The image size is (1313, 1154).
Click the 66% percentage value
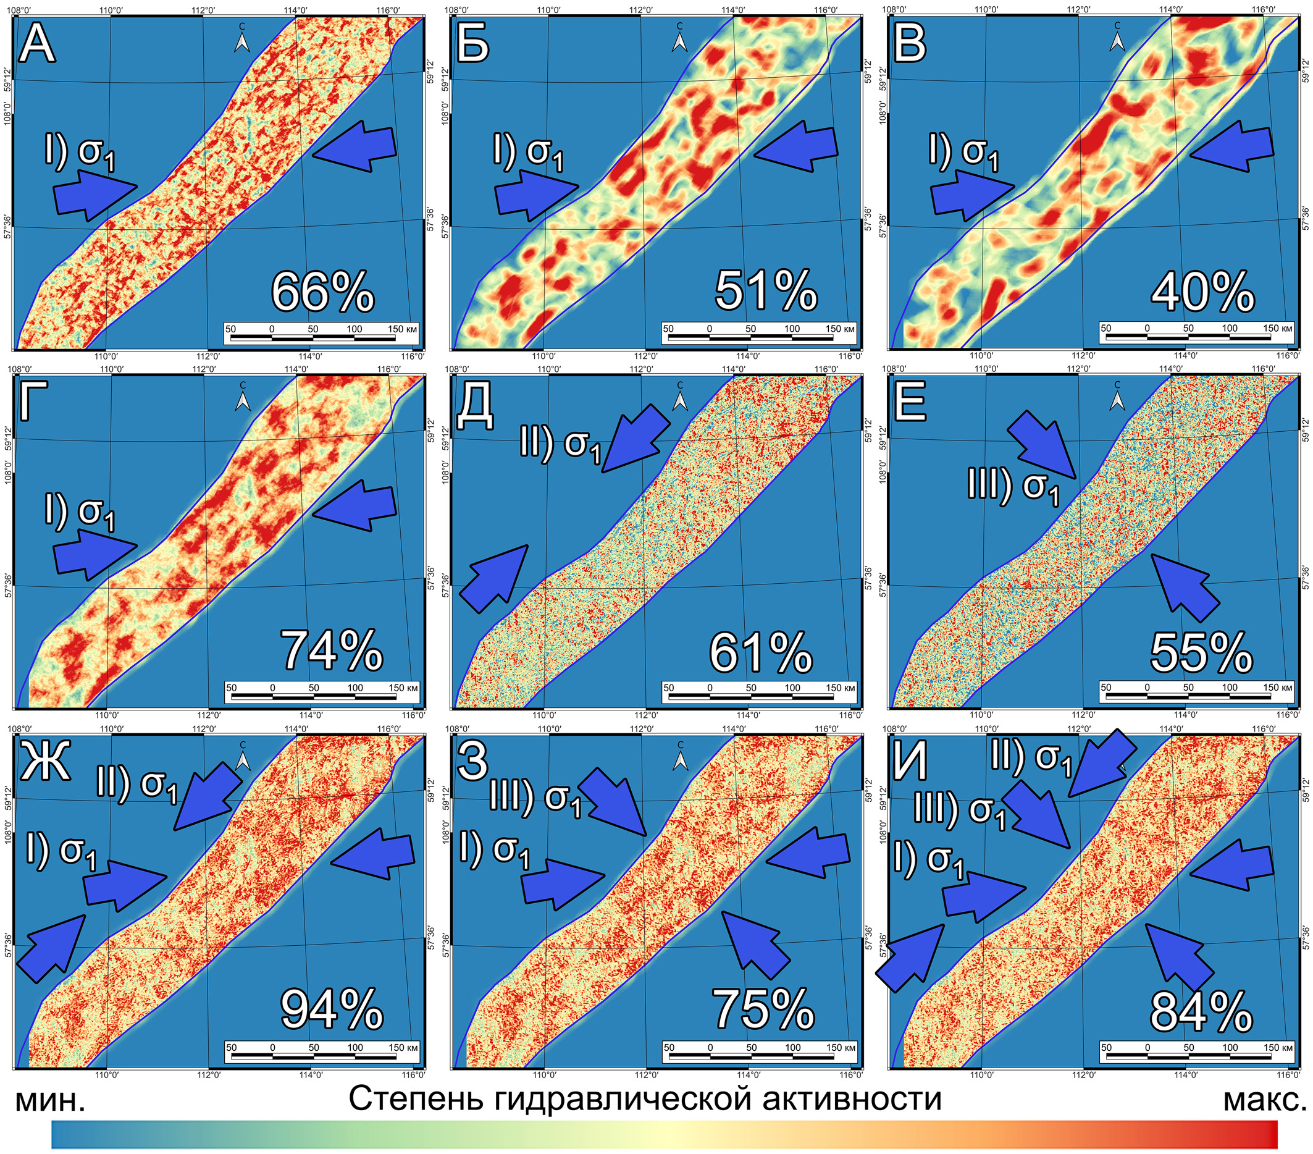click(322, 292)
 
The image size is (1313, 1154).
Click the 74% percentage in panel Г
click(332, 651)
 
